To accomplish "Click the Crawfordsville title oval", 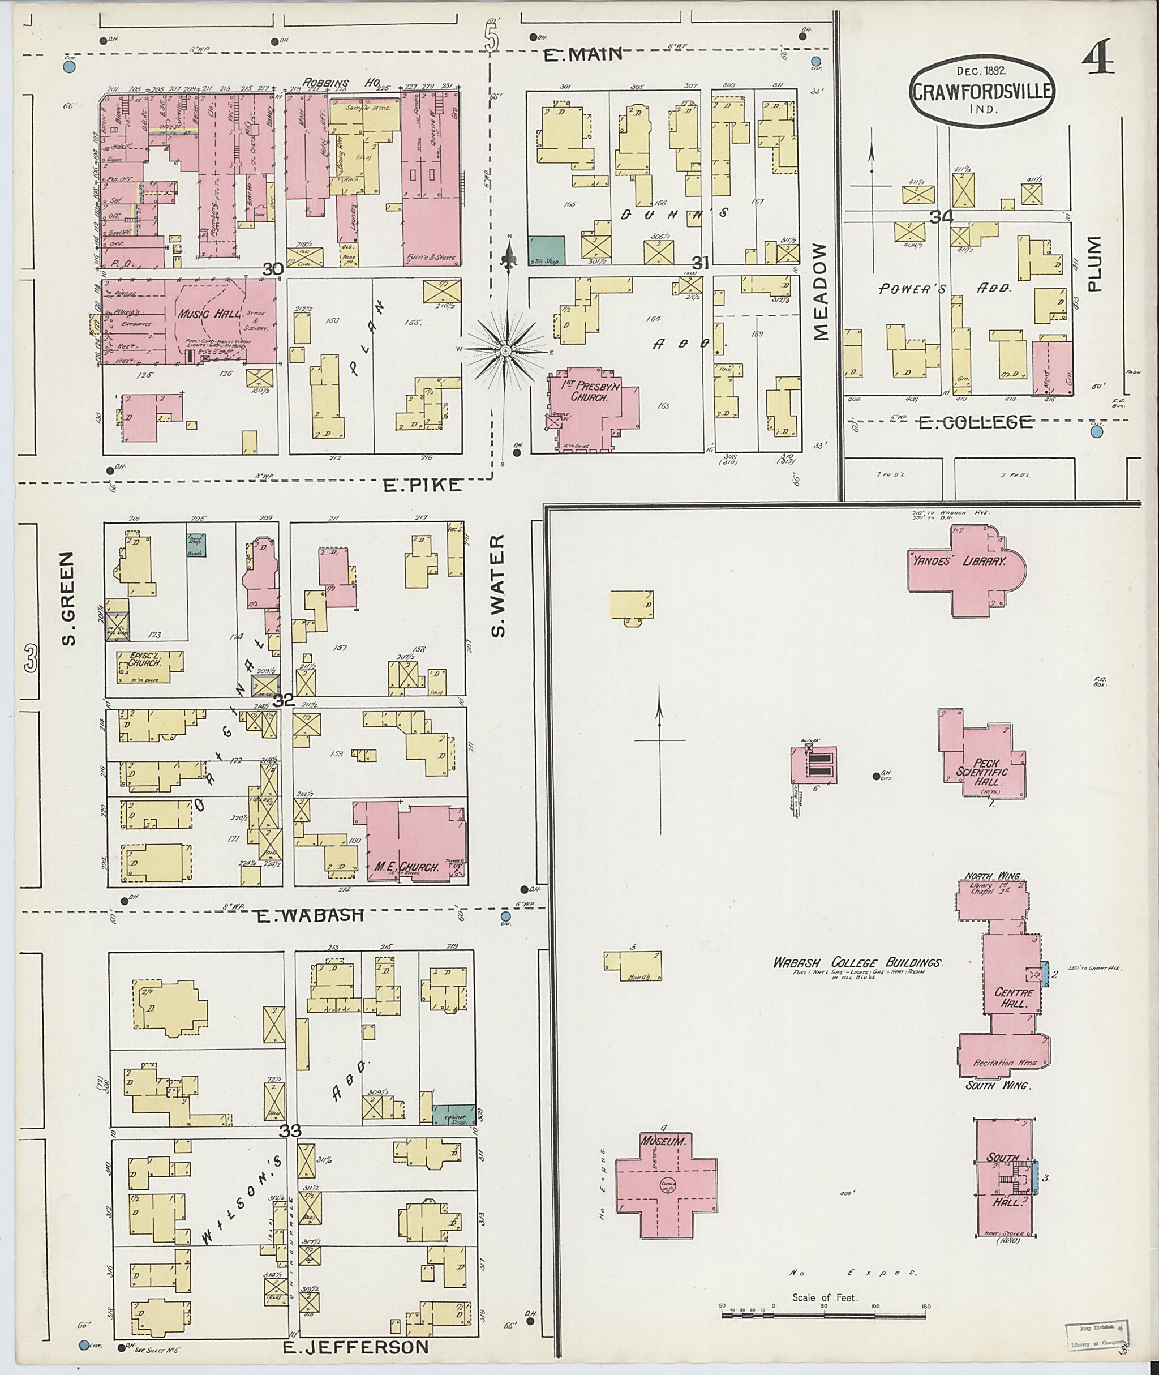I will (982, 91).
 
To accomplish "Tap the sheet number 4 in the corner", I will (1098, 58).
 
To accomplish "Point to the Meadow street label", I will (821, 292).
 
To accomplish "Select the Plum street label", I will (1094, 264).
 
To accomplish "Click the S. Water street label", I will (499, 586).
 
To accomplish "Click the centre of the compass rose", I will (506, 352).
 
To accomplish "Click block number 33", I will (290, 1131).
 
